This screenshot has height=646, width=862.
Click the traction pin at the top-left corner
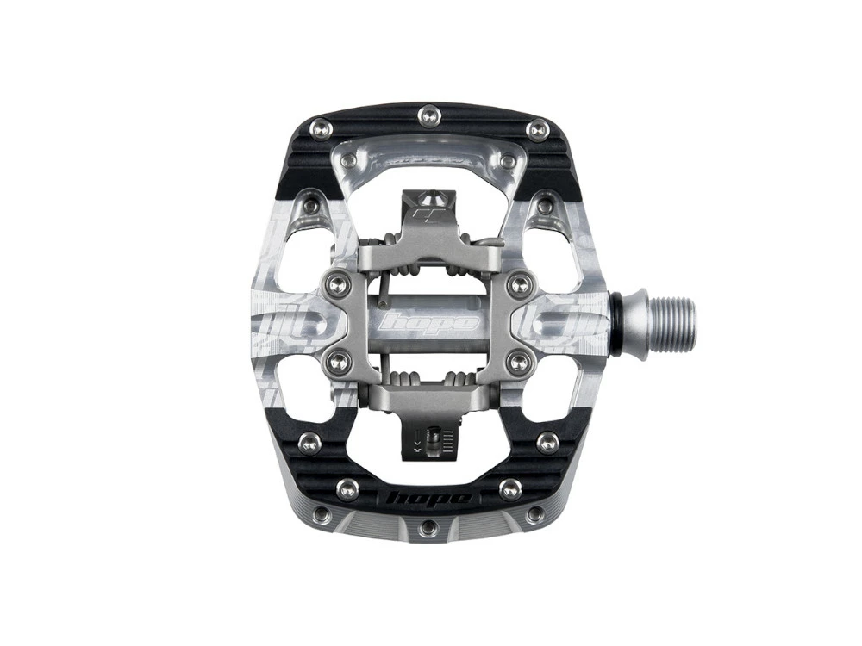pyautogui.click(x=320, y=130)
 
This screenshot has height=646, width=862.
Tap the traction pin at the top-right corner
pyautogui.click(x=538, y=130)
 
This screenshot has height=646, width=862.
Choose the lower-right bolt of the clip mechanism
pyautogui.click(x=519, y=363)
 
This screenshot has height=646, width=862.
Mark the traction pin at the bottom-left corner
pyautogui.click(x=322, y=515)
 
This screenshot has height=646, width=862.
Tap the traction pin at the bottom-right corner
pyautogui.click(x=534, y=515)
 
